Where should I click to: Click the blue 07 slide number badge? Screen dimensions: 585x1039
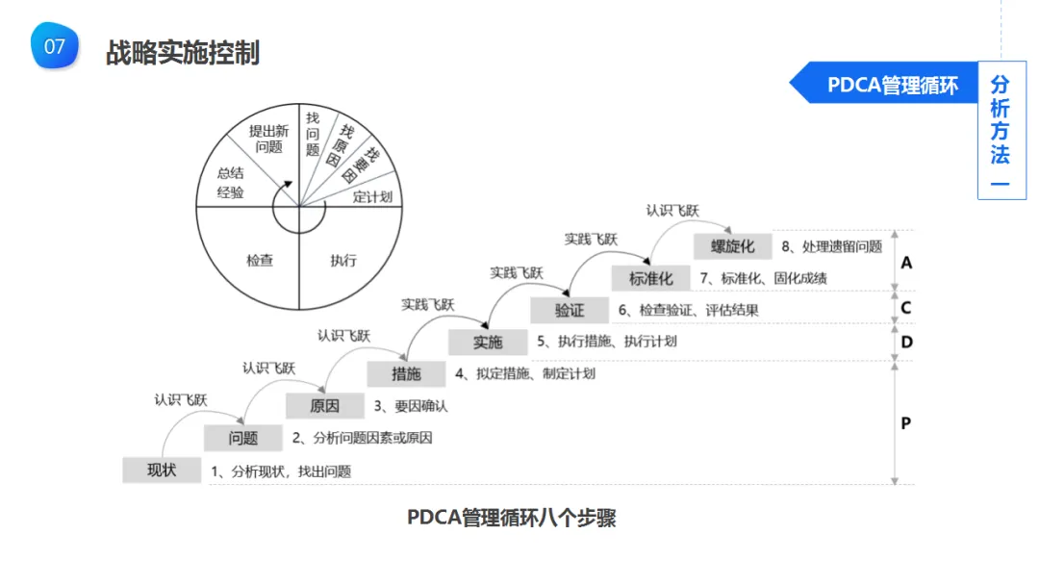click(x=54, y=46)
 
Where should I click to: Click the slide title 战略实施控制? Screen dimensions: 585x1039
click(x=183, y=52)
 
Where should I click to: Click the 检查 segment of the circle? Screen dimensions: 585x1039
click(x=260, y=260)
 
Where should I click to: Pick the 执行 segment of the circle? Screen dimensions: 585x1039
click(x=342, y=260)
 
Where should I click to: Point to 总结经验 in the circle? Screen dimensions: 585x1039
click(x=231, y=183)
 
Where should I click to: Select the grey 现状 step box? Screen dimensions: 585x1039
click(x=162, y=470)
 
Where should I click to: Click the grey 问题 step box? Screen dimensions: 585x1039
click(x=243, y=438)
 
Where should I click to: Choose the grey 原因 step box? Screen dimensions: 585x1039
click(x=324, y=405)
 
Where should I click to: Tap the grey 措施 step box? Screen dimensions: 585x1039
click(x=406, y=373)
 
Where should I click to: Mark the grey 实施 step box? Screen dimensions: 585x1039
click(x=488, y=342)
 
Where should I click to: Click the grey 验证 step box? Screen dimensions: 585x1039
click(x=570, y=310)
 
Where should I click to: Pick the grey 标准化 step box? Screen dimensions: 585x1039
click(x=651, y=278)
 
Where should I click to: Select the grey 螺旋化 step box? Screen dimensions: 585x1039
click(x=733, y=246)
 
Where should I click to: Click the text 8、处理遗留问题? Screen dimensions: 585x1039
click(x=831, y=246)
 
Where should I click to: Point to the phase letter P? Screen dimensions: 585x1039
click(x=905, y=423)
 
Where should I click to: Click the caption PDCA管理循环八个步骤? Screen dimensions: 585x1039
click(x=511, y=518)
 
